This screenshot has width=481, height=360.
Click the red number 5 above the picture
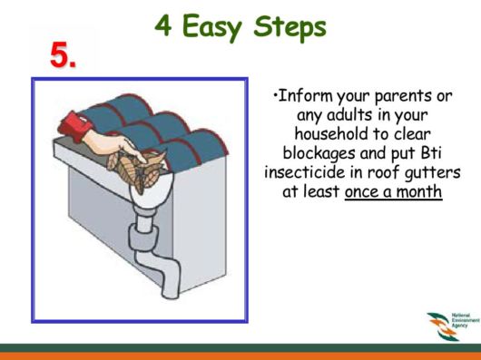coord(62,56)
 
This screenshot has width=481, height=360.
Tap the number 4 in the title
coord(163,26)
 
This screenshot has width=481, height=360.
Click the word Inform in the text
coord(303,97)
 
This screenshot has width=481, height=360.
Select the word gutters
coord(434,172)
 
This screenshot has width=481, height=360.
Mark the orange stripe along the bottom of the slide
coord(240,355)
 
